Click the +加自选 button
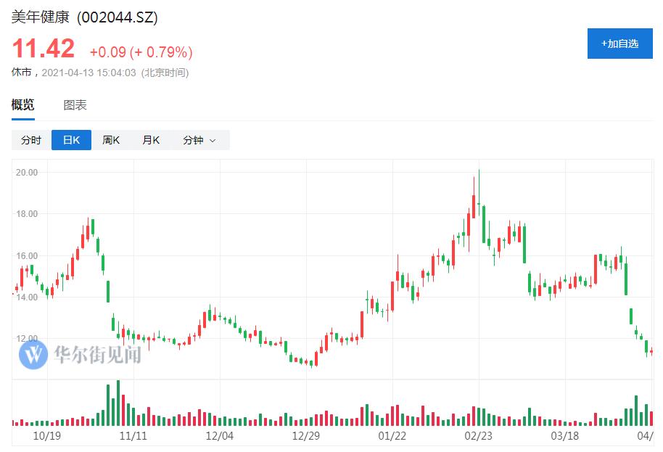click(619, 44)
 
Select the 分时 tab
click(31, 140)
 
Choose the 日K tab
click(71, 140)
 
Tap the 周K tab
click(111, 140)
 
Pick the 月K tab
click(151, 140)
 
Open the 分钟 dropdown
click(199, 140)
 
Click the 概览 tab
click(22, 105)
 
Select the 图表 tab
click(75, 105)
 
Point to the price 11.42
click(43, 49)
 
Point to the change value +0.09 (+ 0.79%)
click(141, 52)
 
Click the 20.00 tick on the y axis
click(28, 173)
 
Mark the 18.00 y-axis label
click(28, 214)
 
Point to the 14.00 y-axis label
click(28, 297)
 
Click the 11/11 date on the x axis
click(133, 436)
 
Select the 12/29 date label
click(305, 436)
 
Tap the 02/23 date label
click(478, 436)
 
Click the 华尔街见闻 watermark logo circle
click(33, 355)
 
